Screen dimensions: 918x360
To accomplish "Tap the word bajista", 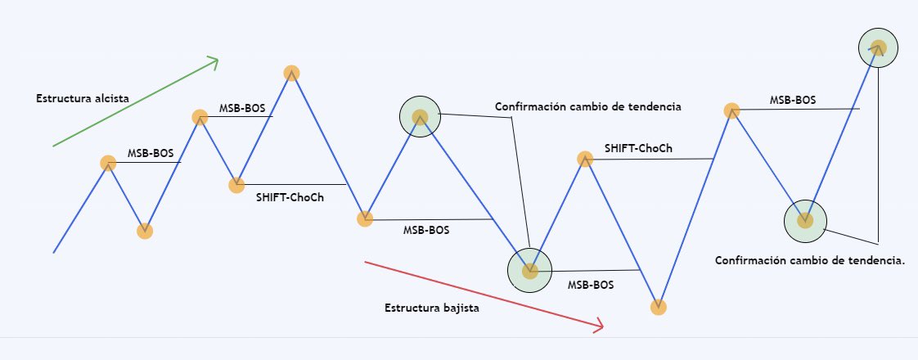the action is [x=459, y=309].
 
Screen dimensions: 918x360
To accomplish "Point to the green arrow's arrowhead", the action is [x=214, y=61].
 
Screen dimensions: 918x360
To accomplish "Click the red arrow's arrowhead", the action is [x=597, y=326].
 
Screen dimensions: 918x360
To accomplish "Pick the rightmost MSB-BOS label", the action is [x=792, y=101].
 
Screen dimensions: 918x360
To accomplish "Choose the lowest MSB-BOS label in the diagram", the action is [x=591, y=286].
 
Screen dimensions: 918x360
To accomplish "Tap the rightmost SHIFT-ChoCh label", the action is [x=638, y=149].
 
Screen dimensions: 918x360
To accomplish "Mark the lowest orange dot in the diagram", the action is [x=659, y=308].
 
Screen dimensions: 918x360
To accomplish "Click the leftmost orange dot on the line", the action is [x=108, y=163].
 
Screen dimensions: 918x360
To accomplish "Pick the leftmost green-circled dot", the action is [x=420, y=117].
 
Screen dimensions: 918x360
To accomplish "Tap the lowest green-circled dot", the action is [x=529, y=270].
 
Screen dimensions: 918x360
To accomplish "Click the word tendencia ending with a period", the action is [x=873, y=260].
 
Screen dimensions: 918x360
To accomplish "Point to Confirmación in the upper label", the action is [x=531, y=107].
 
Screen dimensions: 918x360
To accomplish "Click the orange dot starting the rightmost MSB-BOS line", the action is [x=732, y=110].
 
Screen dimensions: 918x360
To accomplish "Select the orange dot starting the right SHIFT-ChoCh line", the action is [x=584, y=159].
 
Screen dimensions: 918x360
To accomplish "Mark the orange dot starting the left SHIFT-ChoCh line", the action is [x=236, y=185].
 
